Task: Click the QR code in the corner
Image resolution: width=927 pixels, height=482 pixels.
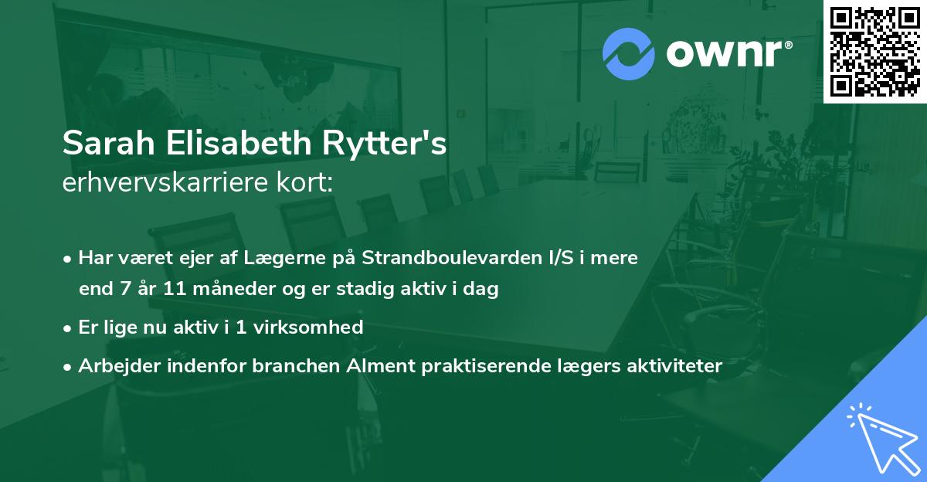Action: click(x=874, y=51)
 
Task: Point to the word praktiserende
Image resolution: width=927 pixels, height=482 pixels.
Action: click(x=504, y=365)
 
